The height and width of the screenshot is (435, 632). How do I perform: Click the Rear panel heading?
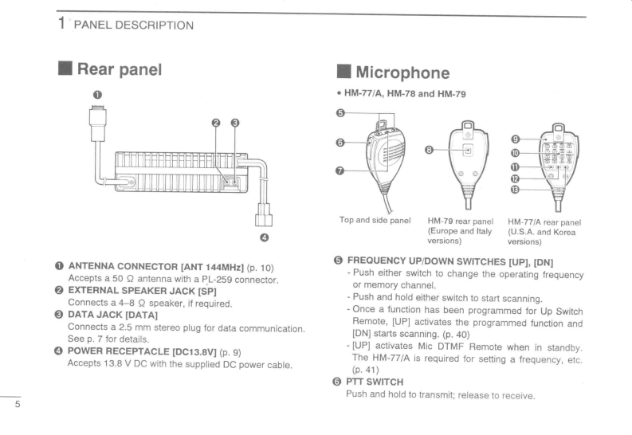click(120, 69)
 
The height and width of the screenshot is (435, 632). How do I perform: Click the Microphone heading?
click(402, 73)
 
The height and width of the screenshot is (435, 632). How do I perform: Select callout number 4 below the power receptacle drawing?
click(263, 236)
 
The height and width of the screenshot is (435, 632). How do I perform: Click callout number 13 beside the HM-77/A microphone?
click(514, 190)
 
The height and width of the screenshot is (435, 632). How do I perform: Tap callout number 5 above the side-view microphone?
click(341, 113)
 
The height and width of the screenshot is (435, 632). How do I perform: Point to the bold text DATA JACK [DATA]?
click(112, 315)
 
